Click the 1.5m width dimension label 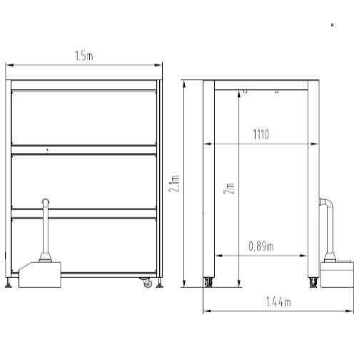click(84, 56)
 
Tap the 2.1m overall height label click(174, 184)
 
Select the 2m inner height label click(229, 189)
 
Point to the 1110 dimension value click(261, 134)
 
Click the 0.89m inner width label click(261, 246)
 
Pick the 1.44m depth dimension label click(278, 302)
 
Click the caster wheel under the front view click(146, 283)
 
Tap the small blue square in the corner click(333, 25)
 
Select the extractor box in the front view click(40, 275)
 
